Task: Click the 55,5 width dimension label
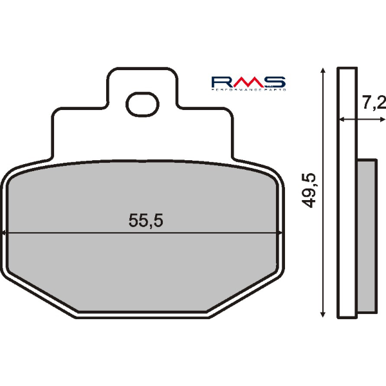[x=146, y=221]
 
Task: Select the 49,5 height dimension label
[x=311, y=190]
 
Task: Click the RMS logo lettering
[x=248, y=82]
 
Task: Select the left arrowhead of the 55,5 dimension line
[x=5, y=234]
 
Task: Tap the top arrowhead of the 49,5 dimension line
[x=322, y=70]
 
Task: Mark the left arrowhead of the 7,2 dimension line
[x=342, y=120]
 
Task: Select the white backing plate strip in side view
[x=347, y=193]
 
